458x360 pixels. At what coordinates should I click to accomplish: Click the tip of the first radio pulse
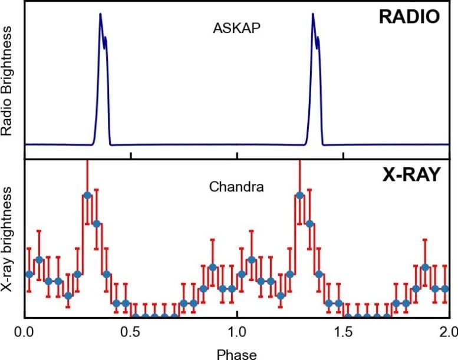pos(100,14)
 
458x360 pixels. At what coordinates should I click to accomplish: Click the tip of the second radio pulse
pos(313,14)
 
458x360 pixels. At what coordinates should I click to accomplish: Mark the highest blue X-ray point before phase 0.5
pos(87,195)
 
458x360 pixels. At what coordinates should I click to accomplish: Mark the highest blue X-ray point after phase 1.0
pos(299,195)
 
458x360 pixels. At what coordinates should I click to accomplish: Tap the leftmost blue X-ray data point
pos(29,274)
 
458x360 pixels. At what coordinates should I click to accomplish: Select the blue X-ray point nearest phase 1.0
pos(241,274)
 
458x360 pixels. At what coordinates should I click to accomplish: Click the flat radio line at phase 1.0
pos(237,144)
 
